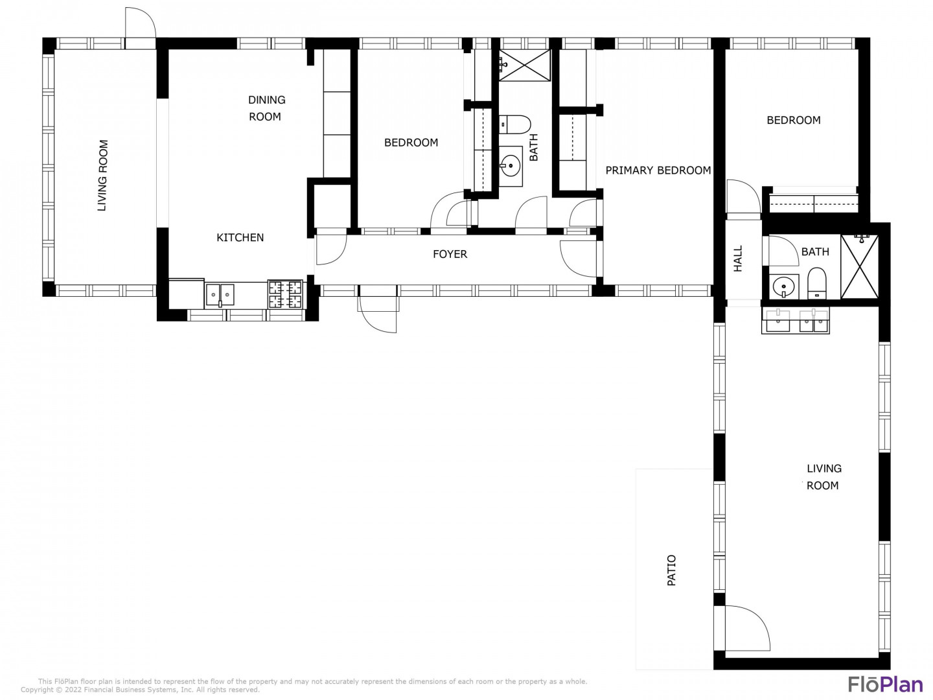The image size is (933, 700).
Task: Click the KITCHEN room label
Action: (240, 238)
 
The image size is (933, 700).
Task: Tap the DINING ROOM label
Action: (266, 108)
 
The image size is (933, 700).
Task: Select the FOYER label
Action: (450, 254)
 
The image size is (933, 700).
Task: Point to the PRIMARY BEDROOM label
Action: (658, 170)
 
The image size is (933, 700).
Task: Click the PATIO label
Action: (672, 570)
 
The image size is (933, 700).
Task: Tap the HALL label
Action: (738, 259)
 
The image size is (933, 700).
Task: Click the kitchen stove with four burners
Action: (286, 294)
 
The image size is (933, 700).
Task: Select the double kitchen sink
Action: (220, 294)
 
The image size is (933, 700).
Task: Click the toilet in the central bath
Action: (514, 124)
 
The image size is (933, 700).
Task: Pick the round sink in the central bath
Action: (510, 166)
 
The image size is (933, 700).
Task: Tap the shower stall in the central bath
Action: (525, 65)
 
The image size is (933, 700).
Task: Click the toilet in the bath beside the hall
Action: (816, 283)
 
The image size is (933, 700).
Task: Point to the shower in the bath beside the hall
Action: (860, 267)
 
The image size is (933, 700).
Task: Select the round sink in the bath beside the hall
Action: (783, 287)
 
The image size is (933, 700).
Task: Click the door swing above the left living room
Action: (140, 23)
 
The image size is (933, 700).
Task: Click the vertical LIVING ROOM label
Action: (102, 176)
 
